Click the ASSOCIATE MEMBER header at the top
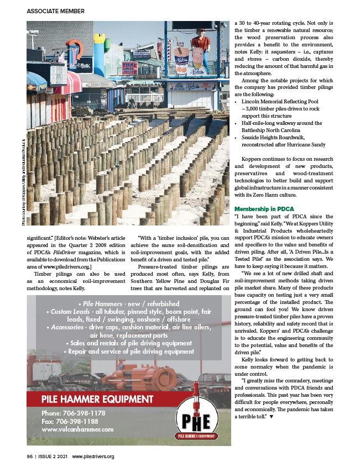pos(55,11)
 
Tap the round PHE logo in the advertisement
pos(200,420)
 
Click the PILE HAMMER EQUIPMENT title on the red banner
pos(97,399)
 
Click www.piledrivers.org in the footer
pos(93,456)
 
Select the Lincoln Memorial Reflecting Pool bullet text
pos(279,102)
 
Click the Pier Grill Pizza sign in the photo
pos(129,68)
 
